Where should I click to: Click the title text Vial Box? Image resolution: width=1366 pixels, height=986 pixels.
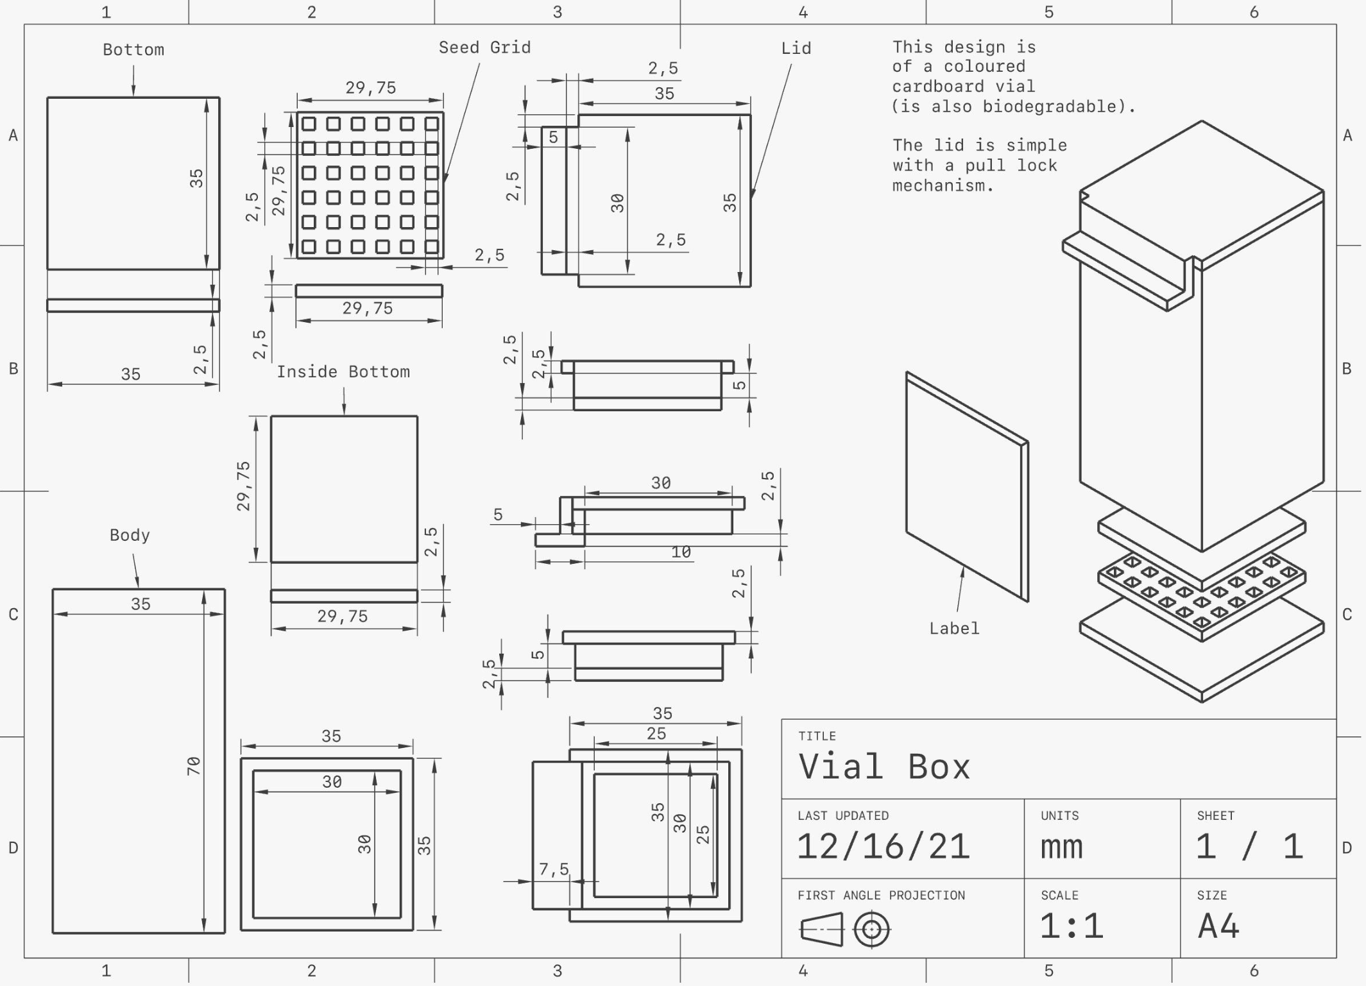click(884, 766)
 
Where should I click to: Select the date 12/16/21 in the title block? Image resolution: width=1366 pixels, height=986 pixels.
click(883, 846)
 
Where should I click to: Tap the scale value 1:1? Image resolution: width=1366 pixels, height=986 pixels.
click(1071, 926)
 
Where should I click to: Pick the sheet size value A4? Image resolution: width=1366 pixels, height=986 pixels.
click(1218, 926)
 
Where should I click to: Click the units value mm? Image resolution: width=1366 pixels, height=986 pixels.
click(1062, 847)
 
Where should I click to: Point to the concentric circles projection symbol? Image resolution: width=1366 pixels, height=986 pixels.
click(872, 930)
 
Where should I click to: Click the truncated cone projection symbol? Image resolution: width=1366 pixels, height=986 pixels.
click(822, 930)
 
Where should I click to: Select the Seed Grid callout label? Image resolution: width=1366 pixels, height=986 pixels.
click(484, 47)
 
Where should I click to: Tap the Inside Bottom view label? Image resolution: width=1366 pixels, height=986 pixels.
click(343, 372)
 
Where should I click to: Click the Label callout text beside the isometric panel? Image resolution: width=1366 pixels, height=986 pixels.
click(954, 629)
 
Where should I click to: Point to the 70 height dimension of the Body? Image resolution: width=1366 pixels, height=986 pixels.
click(194, 765)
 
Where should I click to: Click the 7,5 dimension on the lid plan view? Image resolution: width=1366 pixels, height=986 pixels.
click(554, 869)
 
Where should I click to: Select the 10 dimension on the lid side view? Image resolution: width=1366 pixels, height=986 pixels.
click(681, 552)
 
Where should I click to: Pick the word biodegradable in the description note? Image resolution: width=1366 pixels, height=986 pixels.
click(1054, 106)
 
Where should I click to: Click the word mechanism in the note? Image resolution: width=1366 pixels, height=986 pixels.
click(943, 186)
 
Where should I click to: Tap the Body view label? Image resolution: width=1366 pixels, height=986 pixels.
click(130, 536)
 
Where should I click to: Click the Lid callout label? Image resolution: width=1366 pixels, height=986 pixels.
click(796, 48)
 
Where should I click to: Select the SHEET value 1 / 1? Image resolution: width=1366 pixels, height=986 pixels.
click(1249, 846)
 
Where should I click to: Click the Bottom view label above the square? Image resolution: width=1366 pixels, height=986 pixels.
click(133, 50)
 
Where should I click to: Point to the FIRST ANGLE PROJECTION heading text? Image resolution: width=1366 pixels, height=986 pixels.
click(881, 896)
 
